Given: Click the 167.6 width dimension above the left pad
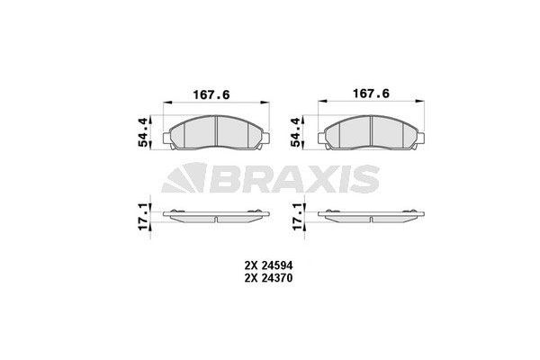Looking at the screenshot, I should [x=216, y=93].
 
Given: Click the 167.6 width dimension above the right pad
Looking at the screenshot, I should [x=371, y=93].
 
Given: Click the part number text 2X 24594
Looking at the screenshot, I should [x=269, y=265].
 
